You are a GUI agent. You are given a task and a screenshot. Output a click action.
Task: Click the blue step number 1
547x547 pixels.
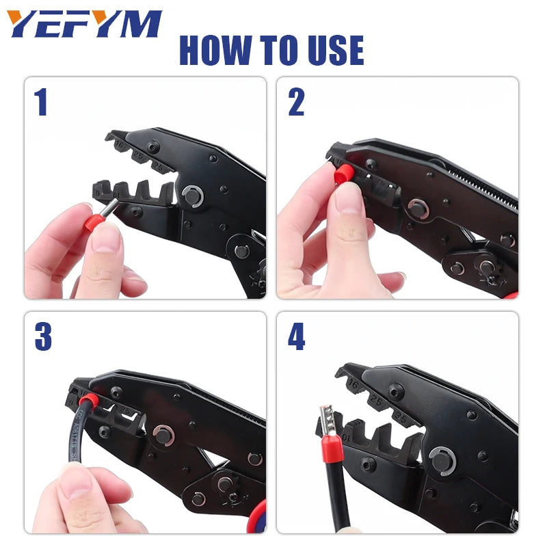click(41, 103)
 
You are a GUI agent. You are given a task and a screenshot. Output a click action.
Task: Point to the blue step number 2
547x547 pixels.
click(296, 103)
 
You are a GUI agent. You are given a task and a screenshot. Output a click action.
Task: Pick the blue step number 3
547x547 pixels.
click(42, 337)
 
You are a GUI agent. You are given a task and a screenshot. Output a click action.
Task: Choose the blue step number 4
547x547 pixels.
click(296, 338)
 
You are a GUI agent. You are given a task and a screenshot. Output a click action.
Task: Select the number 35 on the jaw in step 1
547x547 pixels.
click(159, 165)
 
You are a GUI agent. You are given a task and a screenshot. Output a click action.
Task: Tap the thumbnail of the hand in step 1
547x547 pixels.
click(106, 239)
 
